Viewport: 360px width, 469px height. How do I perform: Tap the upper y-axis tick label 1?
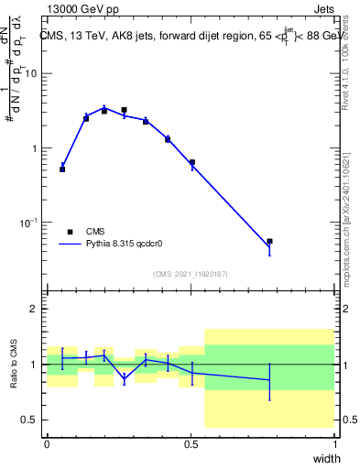[x=36, y=148]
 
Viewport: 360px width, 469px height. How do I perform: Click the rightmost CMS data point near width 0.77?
[x=269, y=242]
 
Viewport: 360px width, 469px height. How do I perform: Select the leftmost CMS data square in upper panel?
[x=62, y=169]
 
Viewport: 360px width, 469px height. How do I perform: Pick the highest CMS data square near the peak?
[x=124, y=110]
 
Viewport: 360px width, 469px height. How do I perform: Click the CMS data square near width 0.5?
[x=192, y=162]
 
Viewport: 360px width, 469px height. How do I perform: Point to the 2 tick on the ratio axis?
[x=36, y=310]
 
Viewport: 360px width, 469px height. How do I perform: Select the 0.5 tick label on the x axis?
[x=191, y=443]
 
